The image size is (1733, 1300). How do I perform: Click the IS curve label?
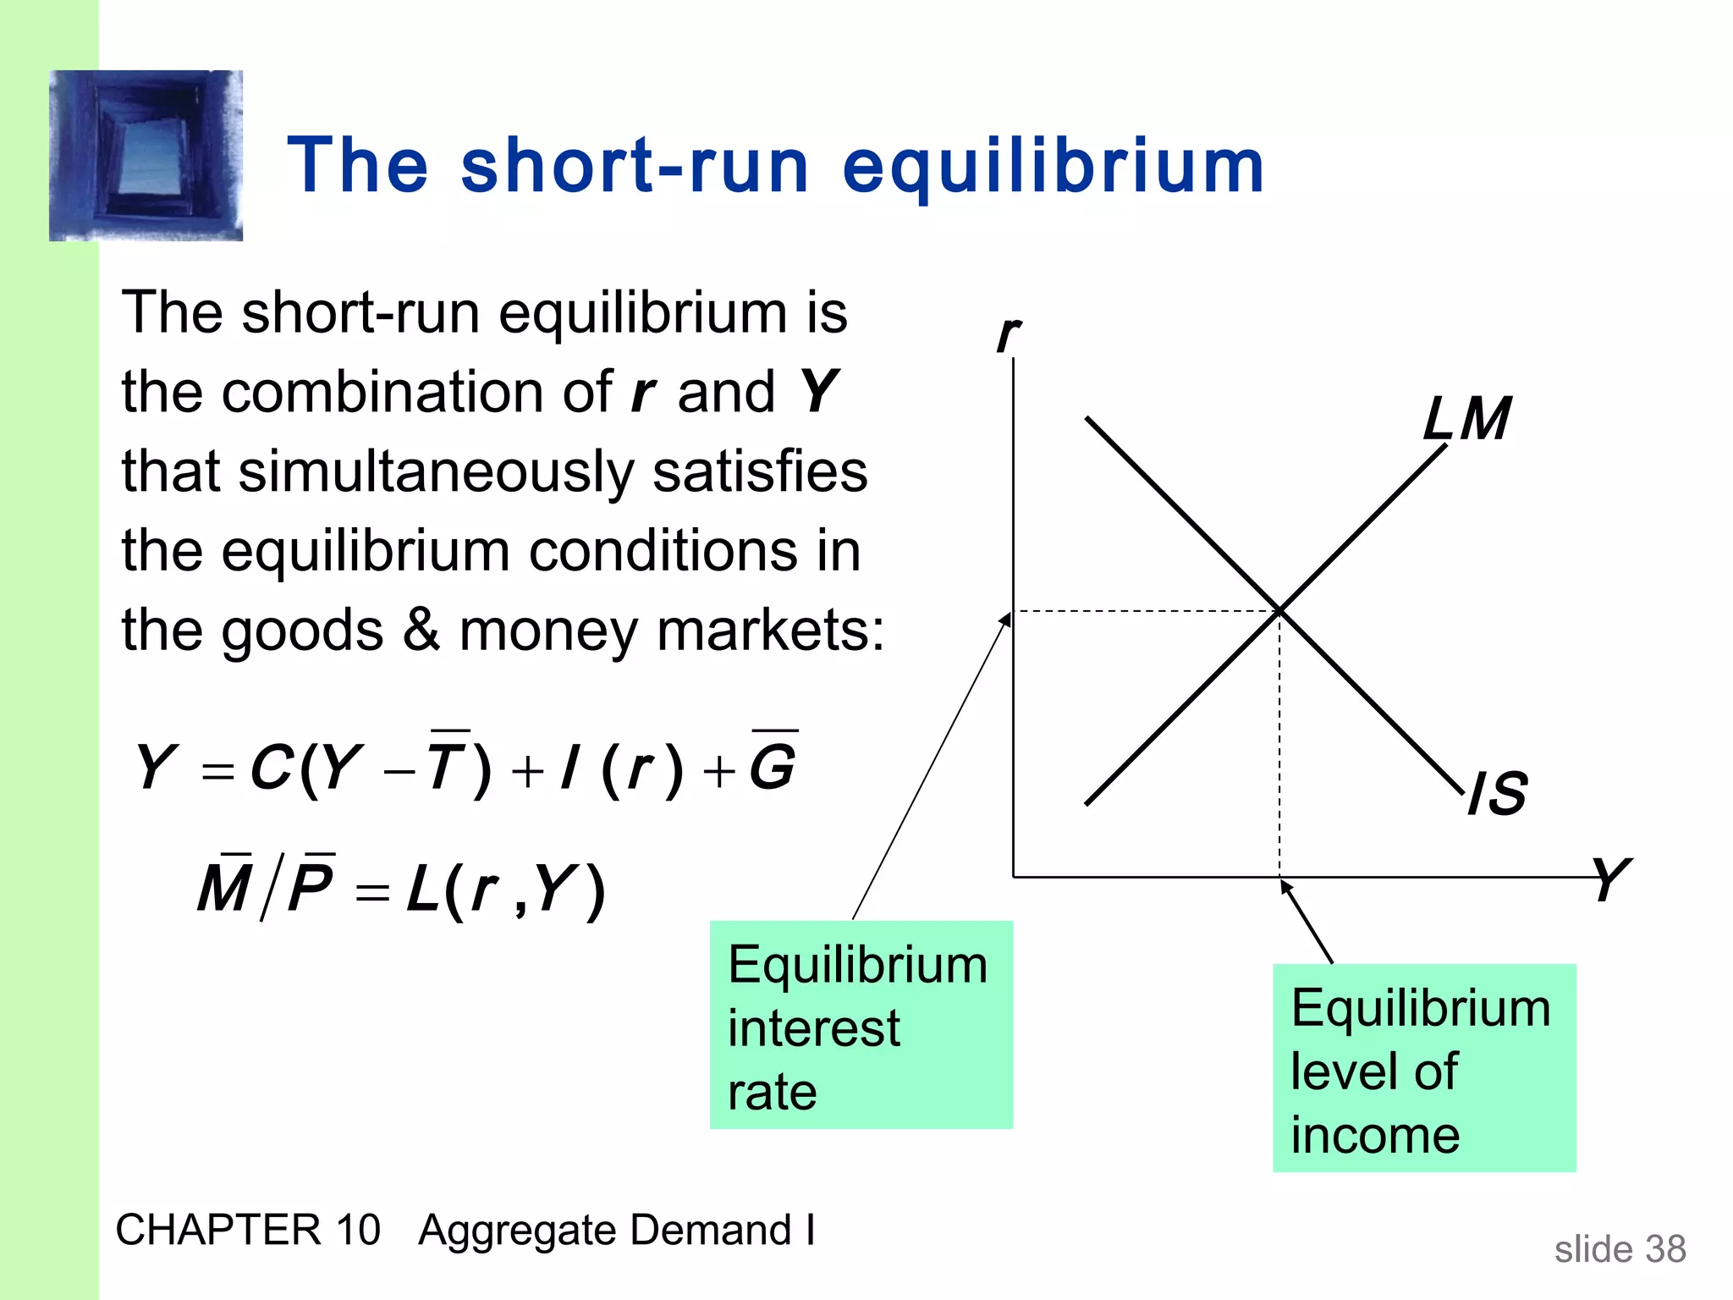[1498, 794]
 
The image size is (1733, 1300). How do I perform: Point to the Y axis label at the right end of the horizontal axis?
[1609, 879]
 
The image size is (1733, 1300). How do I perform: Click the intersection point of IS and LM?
[1279, 609]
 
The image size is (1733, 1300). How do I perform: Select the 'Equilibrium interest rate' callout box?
[861, 1025]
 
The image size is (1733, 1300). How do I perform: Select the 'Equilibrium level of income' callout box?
[1424, 1068]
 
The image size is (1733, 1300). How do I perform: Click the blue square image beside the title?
[146, 156]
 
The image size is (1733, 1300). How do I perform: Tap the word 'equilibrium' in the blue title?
[1053, 167]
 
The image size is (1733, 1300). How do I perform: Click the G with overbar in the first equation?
[773, 765]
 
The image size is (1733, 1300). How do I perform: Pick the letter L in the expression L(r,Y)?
[422, 889]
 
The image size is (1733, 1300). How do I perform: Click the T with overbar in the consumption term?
[447, 765]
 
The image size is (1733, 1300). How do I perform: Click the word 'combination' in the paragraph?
[416, 393]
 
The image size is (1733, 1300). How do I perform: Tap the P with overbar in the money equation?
[310, 887]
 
